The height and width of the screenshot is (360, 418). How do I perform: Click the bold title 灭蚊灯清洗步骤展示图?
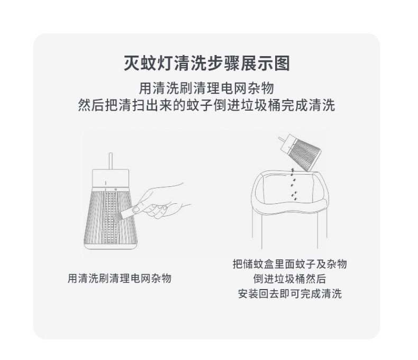click(x=207, y=64)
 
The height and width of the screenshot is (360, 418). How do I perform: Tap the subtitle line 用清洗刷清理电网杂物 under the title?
click(x=206, y=88)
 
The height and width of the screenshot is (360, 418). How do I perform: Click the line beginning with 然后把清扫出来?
click(x=206, y=105)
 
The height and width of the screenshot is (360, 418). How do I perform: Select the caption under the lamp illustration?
click(x=120, y=278)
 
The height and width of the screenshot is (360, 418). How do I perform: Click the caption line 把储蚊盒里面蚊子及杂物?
click(x=290, y=264)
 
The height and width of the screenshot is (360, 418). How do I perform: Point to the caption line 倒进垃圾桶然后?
click(x=290, y=279)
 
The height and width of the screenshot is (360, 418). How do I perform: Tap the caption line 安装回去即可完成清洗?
click(x=290, y=294)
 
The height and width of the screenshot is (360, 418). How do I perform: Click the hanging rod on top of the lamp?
click(x=111, y=161)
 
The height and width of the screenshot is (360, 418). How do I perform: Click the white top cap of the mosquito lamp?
click(x=111, y=178)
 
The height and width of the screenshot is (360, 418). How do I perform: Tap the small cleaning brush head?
click(x=117, y=217)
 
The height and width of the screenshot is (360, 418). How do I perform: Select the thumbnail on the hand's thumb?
click(x=137, y=209)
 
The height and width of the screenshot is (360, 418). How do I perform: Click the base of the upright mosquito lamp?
click(x=111, y=246)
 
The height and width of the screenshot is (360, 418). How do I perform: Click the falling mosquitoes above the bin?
click(x=294, y=185)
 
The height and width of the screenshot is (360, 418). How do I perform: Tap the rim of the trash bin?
click(x=289, y=210)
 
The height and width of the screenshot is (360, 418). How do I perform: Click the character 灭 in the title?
click(x=132, y=64)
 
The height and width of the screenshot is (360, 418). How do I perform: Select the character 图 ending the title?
click(x=282, y=64)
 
